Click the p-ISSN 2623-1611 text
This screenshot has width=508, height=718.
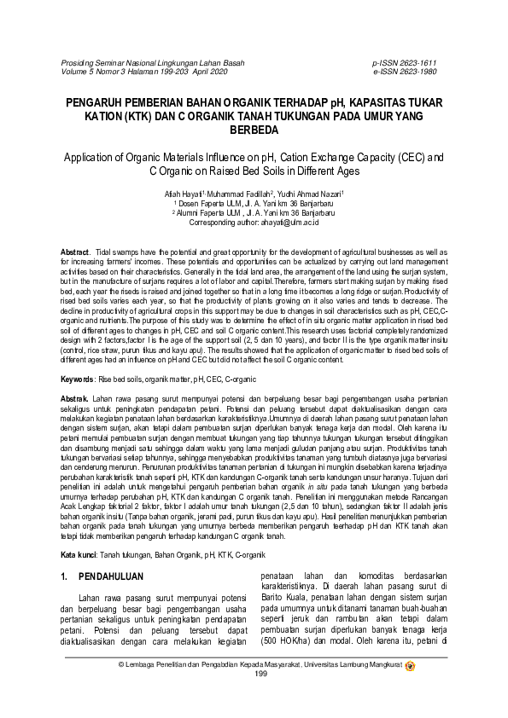click(x=404, y=63)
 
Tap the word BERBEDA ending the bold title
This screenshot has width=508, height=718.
click(x=254, y=130)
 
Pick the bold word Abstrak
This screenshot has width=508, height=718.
click(x=74, y=399)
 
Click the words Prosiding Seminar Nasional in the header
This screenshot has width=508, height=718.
click(x=114, y=63)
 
